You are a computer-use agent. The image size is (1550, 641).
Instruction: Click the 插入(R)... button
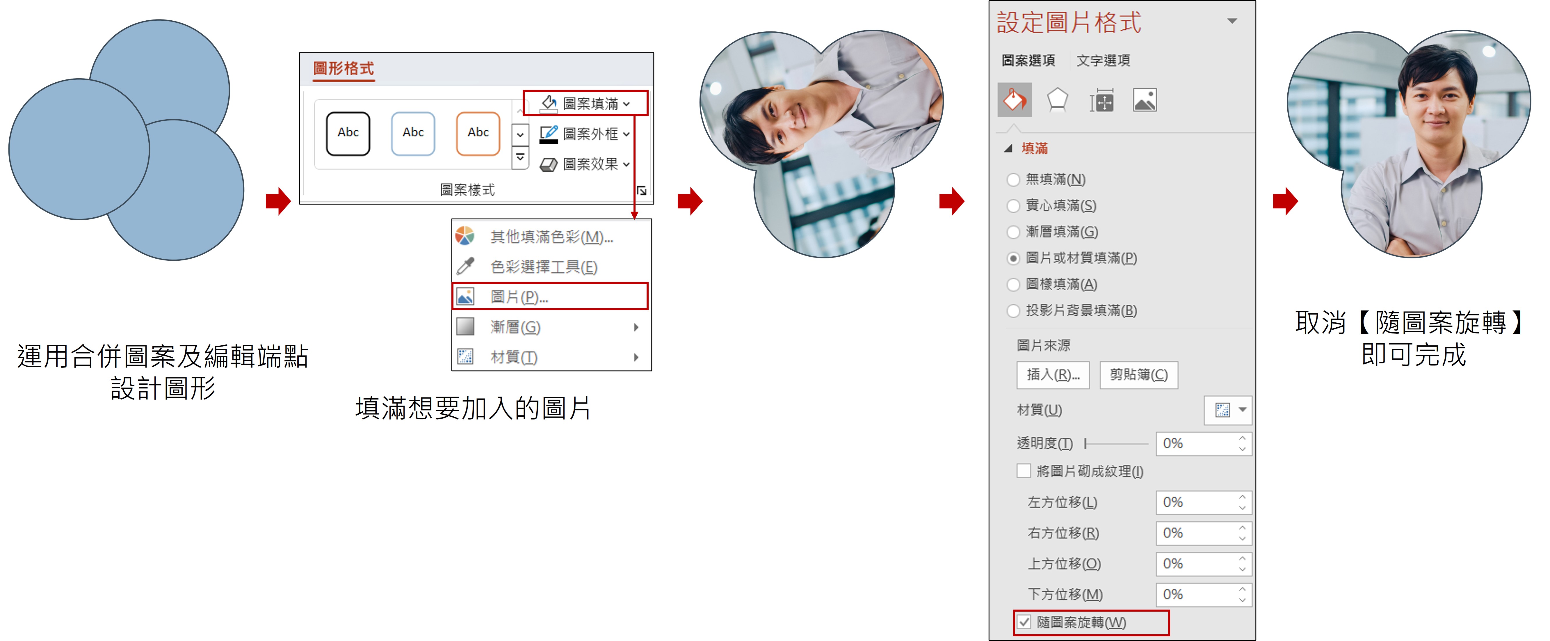[x=1053, y=375]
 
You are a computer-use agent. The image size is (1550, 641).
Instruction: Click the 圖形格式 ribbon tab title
[x=344, y=69]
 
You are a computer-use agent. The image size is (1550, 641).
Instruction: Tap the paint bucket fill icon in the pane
[x=1015, y=100]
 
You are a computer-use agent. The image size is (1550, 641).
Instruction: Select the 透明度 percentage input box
[x=1203, y=444]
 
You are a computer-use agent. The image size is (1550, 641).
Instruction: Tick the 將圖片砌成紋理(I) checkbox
[x=1024, y=471]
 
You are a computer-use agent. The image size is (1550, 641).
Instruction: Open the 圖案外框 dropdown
[x=585, y=134]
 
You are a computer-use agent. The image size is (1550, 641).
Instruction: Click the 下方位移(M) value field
[x=1203, y=595]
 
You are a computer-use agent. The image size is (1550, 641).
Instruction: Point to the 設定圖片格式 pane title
[x=1069, y=23]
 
